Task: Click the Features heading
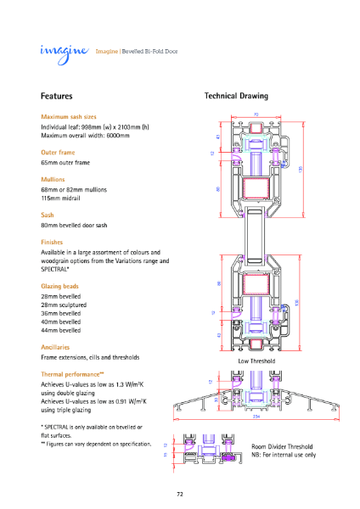[x=57, y=97]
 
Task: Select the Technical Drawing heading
[x=236, y=97]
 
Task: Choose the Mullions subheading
[x=53, y=180]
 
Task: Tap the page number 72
[x=180, y=493]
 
